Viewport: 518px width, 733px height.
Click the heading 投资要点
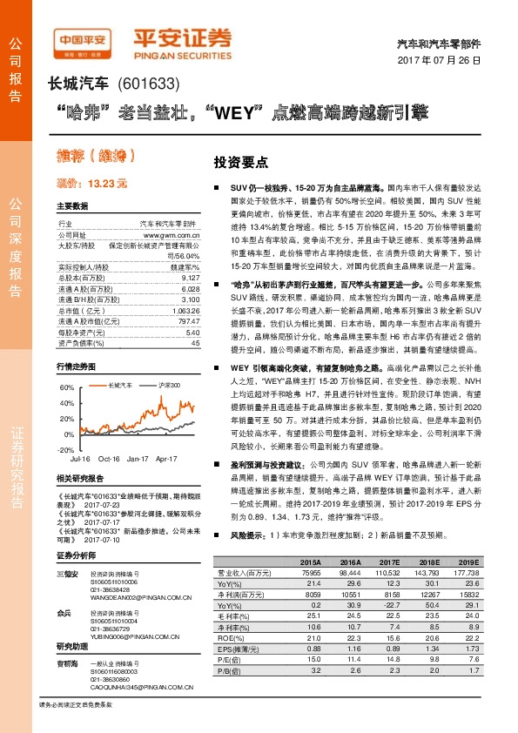[x=241, y=162]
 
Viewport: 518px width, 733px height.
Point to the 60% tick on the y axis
[x=67, y=387]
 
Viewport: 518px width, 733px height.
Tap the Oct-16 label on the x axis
[x=110, y=457]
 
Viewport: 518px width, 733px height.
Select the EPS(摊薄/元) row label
[x=239, y=648]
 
